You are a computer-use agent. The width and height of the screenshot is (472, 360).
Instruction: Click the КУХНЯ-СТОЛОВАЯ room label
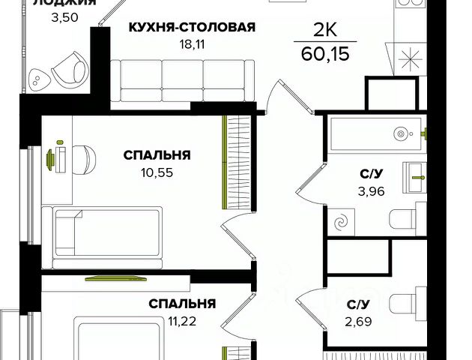click(193, 28)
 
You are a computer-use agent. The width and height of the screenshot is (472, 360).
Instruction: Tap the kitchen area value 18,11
click(193, 44)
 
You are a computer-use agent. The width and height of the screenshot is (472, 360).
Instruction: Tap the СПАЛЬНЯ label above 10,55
click(157, 155)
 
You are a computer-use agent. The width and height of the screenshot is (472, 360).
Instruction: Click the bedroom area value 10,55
click(157, 172)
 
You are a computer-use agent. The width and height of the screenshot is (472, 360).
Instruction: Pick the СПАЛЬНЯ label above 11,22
click(182, 304)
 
